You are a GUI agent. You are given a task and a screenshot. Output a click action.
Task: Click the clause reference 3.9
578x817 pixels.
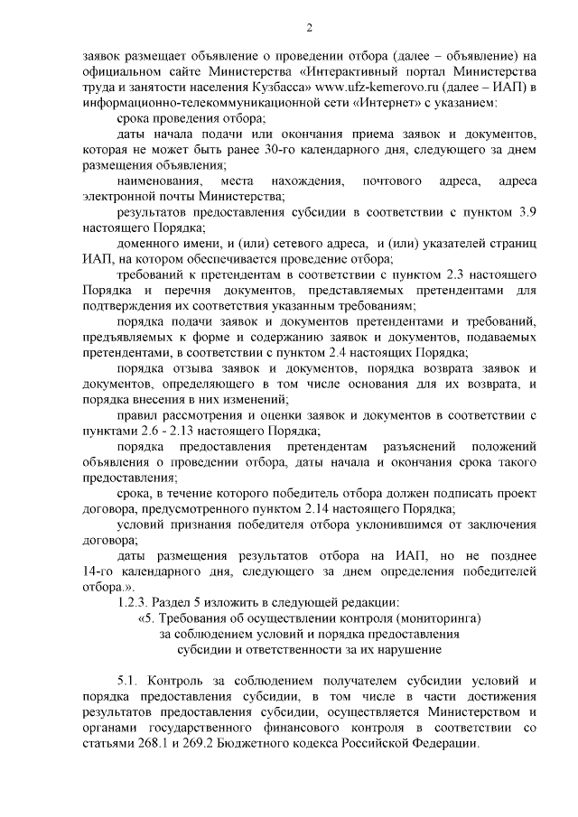(x=525, y=213)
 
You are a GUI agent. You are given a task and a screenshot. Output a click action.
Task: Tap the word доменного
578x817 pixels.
(x=152, y=245)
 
